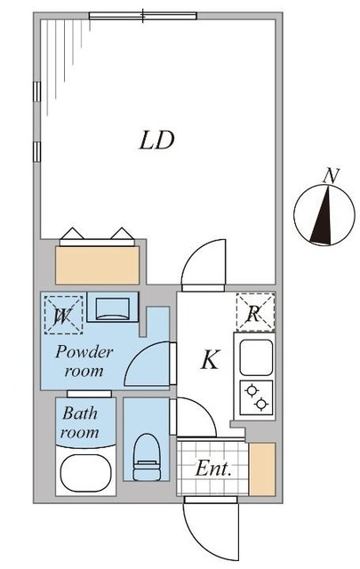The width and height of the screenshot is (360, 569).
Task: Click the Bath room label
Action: [79, 423]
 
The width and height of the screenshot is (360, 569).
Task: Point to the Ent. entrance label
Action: [214, 469]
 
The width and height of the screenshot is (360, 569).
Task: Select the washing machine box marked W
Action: [62, 314]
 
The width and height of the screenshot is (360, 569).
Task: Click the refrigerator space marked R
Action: [255, 312]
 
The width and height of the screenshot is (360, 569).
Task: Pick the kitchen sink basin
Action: [255, 357]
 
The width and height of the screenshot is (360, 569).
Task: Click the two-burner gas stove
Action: [255, 396]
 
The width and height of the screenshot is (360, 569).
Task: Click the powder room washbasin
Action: [113, 309]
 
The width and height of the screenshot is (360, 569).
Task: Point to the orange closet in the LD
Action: [98, 263]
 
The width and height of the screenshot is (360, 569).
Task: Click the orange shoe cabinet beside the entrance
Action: [262, 469]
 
